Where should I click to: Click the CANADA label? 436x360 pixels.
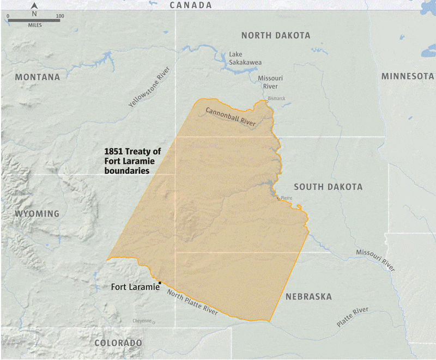tap(190, 5)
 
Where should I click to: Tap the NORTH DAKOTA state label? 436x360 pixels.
tap(276, 35)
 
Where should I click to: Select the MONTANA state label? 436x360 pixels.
tap(38, 77)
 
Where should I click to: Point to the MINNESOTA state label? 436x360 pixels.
tap(407, 76)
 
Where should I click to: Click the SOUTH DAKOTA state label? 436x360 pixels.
tap(328, 187)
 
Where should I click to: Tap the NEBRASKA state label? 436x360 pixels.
tap(308, 297)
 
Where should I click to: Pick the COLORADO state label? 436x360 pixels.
tap(118, 343)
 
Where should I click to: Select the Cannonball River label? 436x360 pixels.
tap(230, 117)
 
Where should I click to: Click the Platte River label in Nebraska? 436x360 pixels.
tap(352, 317)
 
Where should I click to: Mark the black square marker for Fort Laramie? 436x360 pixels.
tap(160, 283)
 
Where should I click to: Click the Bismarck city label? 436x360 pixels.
tap(276, 99)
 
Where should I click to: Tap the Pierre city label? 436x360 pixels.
tap(287, 198)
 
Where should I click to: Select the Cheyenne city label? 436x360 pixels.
tap(142, 321)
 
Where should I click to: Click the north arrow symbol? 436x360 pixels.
tap(34, 7)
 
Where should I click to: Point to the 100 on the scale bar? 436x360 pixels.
tap(59, 16)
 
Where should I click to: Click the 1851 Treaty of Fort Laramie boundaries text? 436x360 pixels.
tap(132, 161)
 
